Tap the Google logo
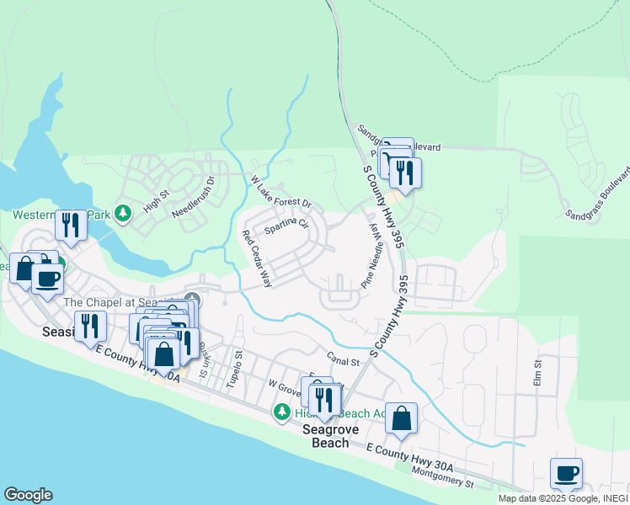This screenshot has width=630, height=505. click(28, 495)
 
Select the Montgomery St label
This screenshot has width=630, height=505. click(445, 477)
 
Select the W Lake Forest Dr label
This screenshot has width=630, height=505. click(281, 193)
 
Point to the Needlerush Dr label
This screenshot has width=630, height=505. click(194, 199)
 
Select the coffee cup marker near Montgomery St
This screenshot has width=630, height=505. click(566, 472)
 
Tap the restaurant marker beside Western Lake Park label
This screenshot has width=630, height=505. click(71, 225)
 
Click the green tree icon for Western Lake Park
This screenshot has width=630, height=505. click(124, 213)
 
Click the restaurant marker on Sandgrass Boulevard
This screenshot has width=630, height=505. click(405, 173)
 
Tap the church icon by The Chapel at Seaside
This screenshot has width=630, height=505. click(192, 300)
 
